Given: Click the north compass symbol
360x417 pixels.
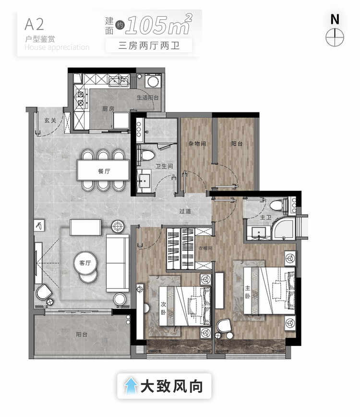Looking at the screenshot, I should [x=335, y=36].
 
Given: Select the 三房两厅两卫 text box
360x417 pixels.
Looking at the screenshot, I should [x=149, y=46].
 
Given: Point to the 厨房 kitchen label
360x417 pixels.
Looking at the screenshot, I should [x=108, y=109].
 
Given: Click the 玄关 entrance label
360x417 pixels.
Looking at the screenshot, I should [x=50, y=120].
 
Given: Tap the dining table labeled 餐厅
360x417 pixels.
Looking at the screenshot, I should [x=104, y=170].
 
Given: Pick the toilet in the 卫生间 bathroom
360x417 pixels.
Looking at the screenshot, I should [x=147, y=155].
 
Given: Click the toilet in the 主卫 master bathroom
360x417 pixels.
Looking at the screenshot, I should [x=277, y=206].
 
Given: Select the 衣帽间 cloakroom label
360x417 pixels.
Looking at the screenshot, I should [x=205, y=248].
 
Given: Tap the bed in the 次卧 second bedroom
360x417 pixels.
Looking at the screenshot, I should [x=185, y=305].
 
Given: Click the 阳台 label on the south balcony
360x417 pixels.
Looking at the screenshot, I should [x=82, y=335].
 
